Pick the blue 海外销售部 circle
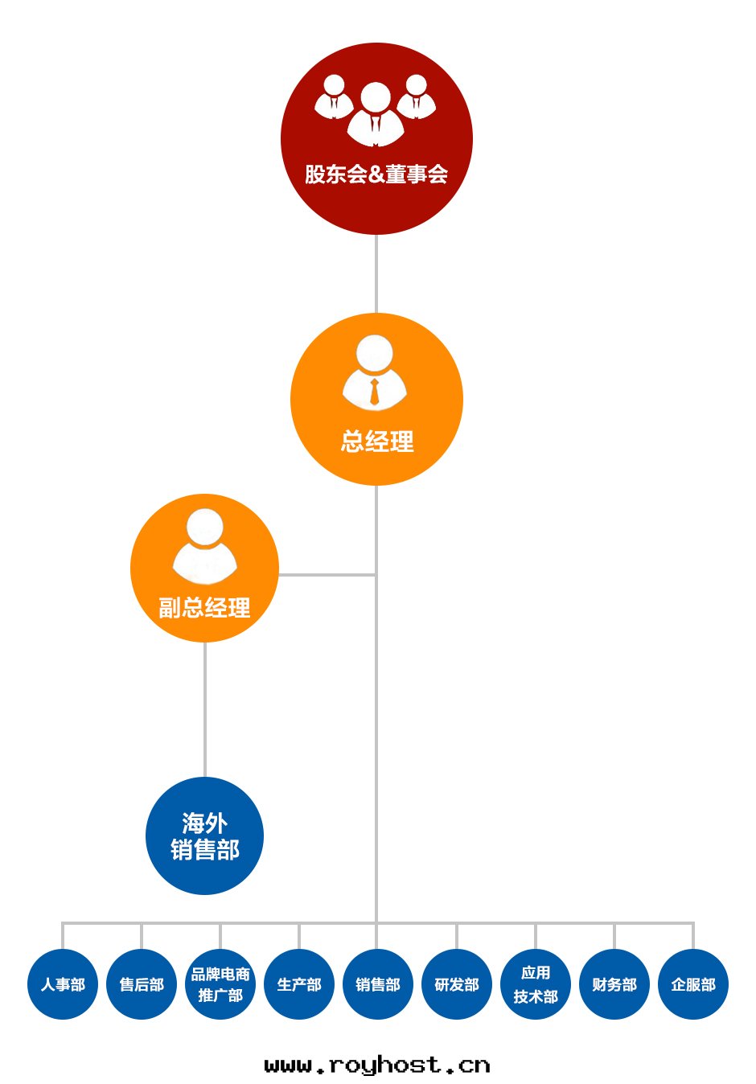point(204,836)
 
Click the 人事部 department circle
point(63,984)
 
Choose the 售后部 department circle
point(142,984)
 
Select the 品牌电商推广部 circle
point(220,984)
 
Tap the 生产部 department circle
point(299,984)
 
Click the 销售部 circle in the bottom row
point(378,984)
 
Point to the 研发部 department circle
point(457,984)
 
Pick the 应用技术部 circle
point(536,984)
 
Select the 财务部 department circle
point(614,984)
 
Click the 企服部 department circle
point(693,984)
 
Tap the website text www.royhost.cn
point(377,1066)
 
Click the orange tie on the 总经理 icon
point(375,392)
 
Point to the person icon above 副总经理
point(205,547)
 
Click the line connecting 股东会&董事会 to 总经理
point(376,273)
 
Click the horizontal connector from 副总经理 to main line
point(327,575)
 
